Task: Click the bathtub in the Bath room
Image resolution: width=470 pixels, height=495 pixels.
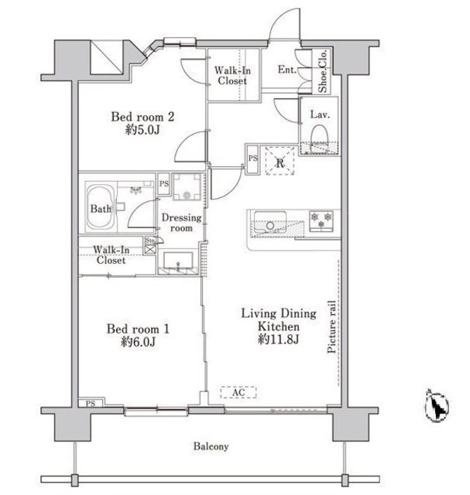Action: click(x=101, y=207)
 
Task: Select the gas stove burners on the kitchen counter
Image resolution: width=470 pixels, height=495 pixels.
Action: click(x=321, y=220)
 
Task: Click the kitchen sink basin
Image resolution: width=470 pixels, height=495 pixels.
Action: click(x=270, y=222)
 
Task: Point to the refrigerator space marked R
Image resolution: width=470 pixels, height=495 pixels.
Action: click(x=280, y=161)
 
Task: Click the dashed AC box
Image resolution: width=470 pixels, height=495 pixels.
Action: click(x=238, y=392)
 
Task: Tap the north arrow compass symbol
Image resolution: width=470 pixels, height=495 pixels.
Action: click(x=437, y=405)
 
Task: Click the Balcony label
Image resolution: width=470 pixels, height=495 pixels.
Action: click(x=211, y=446)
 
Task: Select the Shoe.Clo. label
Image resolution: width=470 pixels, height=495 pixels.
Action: click(x=322, y=71)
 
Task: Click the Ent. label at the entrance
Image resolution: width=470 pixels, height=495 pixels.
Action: click(x=287, y=69)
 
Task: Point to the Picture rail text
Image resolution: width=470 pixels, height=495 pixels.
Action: click(x=331, y=326)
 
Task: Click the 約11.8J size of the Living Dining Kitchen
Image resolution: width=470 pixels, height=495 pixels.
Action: click(x=279, y=340)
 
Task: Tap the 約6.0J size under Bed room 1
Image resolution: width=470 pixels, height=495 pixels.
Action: click(x=138, y=342)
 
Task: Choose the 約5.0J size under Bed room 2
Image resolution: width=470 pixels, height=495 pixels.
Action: click(x=142, y=130)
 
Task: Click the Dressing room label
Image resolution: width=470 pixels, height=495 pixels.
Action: click(x=181, y=223)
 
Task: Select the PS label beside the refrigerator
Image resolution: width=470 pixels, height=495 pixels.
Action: click(x=253, y=158)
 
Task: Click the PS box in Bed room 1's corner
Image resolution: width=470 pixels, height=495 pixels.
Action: click(x=91, y=402)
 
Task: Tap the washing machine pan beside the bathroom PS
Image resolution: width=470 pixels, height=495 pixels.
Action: click(x=187, y=186)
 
